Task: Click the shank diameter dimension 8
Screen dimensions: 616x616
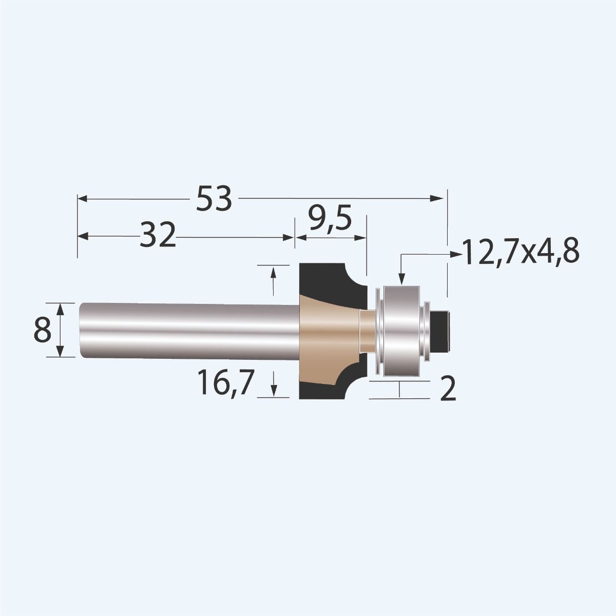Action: click(43, 330)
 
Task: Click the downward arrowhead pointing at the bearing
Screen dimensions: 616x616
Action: click(401, 278)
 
